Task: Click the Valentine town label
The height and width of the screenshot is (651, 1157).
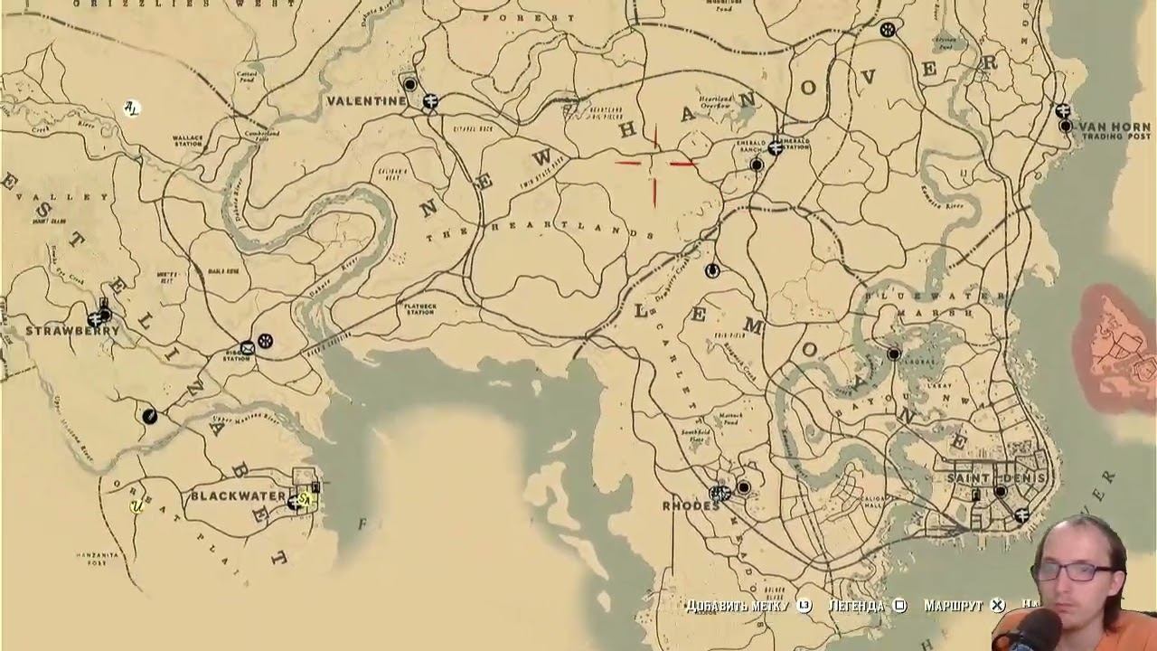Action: tap(367, 101)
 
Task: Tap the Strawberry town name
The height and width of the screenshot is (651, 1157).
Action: tap(72, 331)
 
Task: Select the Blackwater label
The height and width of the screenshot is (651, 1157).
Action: tap(238, 497)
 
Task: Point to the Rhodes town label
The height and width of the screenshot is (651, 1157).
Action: tap(691, 505)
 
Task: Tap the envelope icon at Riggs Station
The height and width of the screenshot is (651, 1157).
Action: tap(247, 347)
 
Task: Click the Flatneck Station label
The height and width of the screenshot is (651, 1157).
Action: tap(419, 309)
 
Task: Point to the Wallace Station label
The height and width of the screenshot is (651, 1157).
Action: tap(187, 140)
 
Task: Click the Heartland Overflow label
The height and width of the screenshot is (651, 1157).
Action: tap(715, 101)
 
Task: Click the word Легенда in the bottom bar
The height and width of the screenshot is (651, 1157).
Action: tap(856, 606)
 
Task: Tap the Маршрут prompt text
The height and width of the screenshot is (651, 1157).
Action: tap(953, 606)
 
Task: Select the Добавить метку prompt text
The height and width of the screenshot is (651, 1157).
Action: tap(738, 606)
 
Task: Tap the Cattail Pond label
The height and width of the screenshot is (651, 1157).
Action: tap(247, 77)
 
